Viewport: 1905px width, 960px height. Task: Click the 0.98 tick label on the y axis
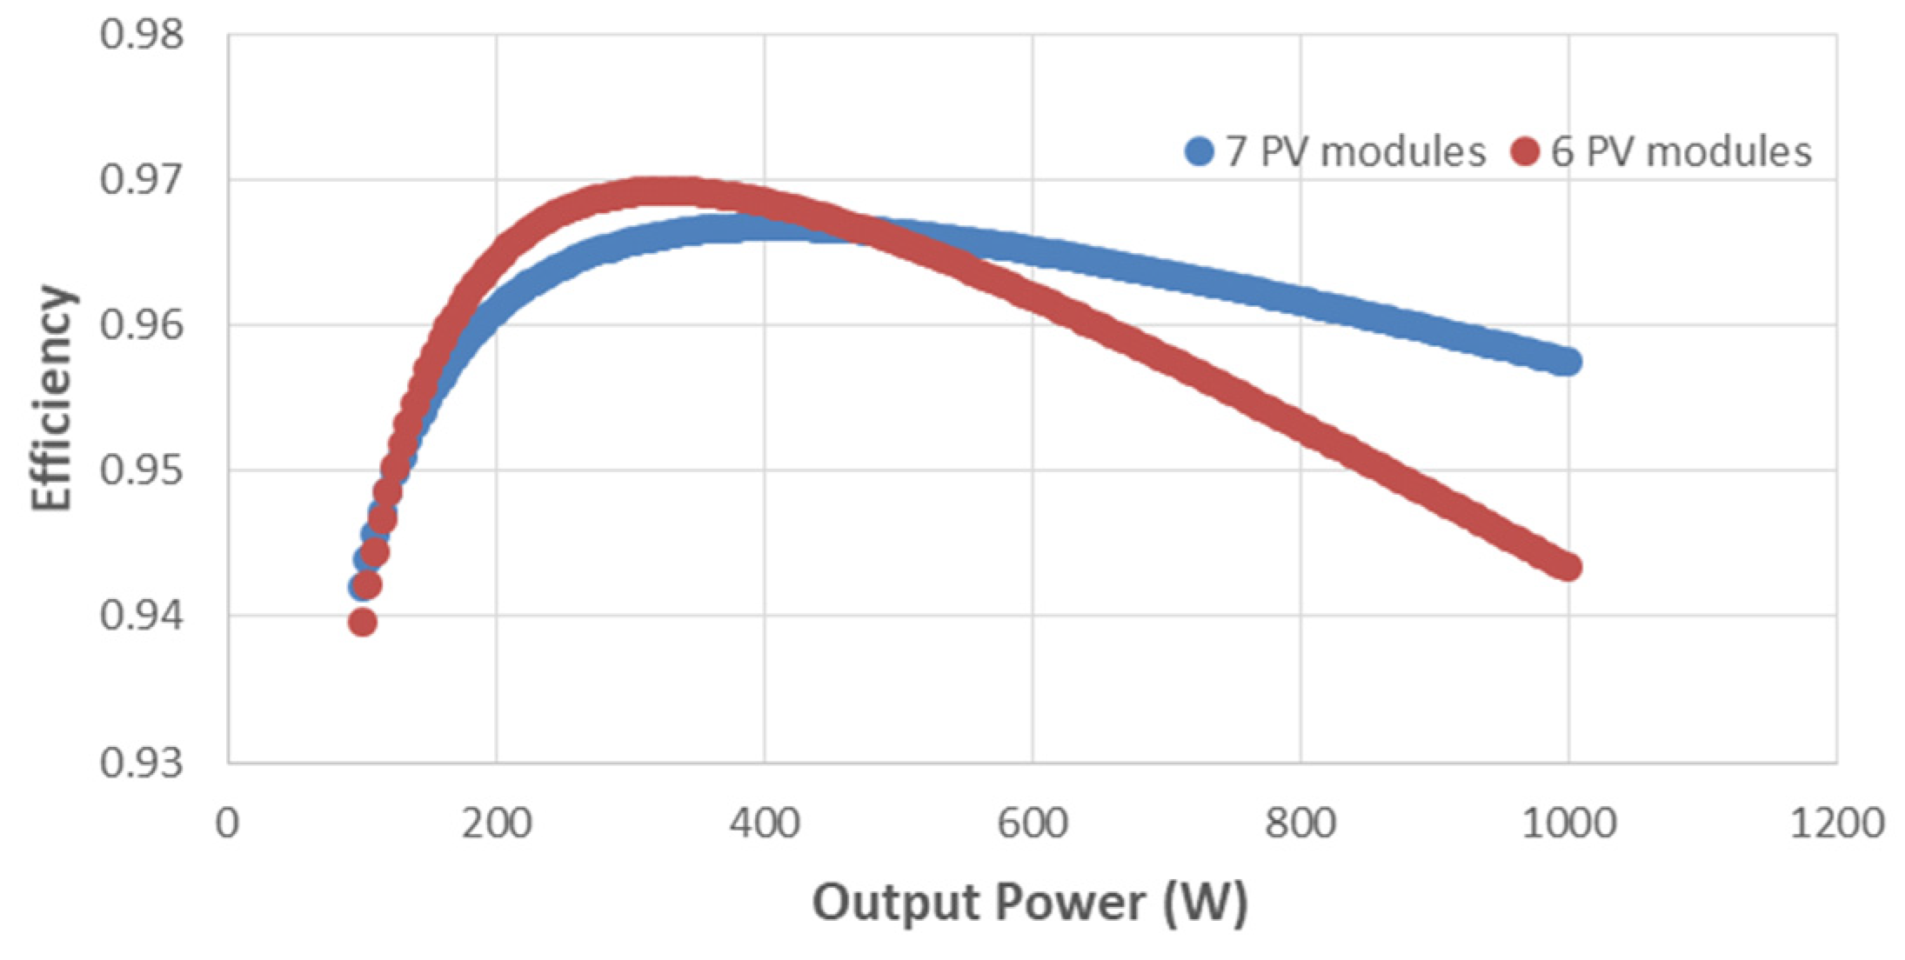click(142, 35)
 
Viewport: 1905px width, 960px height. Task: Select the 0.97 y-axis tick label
click(142, 180)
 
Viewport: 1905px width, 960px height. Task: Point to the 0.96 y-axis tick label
click(142, 325)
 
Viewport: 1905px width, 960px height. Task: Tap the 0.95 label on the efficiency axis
click(142, 470)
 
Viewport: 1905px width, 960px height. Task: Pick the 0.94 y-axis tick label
click(142, 616)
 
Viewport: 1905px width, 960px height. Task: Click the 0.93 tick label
click(142, 763)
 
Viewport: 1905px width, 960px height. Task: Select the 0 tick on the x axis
click(228, 823)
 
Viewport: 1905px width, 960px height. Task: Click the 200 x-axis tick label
click(496, 823)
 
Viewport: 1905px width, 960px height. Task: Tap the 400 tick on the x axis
click(764, 823)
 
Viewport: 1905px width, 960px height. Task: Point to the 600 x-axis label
click(1033, 823)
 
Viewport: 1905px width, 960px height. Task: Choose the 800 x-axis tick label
click(1300, 823)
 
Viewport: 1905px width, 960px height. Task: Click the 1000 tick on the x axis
click(1568, 823)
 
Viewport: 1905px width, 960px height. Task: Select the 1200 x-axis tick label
click(1836, 823)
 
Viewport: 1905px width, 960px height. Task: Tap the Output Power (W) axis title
click(1031, 903)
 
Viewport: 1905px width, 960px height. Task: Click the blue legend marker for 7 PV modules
click(1200, 152)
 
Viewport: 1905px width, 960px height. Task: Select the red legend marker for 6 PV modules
click(1525, 152)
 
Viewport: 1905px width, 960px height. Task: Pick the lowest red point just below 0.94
click(363, 623)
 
